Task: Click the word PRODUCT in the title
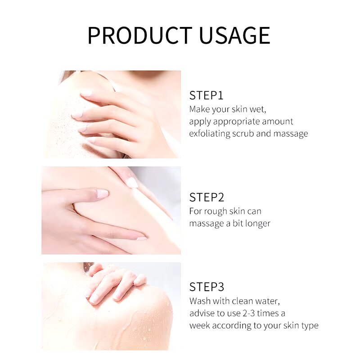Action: pyautogui.click(x=140, y=36)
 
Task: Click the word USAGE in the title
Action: pyautogui.click(x=234, y=36)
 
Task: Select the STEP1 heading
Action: pyautogui.click(x=206, y=95)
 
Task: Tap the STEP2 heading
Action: pyautogui.click(x=207, y=197)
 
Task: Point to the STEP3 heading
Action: pyautogui.click(x=207, y=287)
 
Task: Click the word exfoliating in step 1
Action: pyautogui.click(x=210, y=134)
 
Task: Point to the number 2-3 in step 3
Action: pyautogui.click(x=249, y=313)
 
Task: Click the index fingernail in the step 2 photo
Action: pyautogui.click(x=102, y=193)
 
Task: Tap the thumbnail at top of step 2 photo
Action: pyautogui.click(x=132, y=183)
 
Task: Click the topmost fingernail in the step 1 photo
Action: pyautogui.click(x=86, y=94)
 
